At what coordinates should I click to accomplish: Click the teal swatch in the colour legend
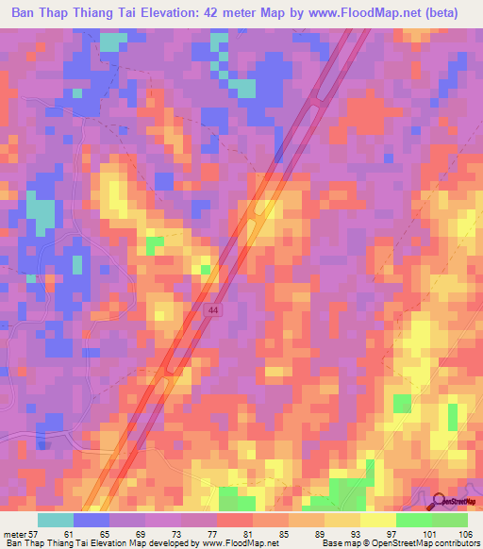[56, 520]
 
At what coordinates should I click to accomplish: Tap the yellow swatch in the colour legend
[378, 520]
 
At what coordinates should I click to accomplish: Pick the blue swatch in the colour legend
[92, 520]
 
